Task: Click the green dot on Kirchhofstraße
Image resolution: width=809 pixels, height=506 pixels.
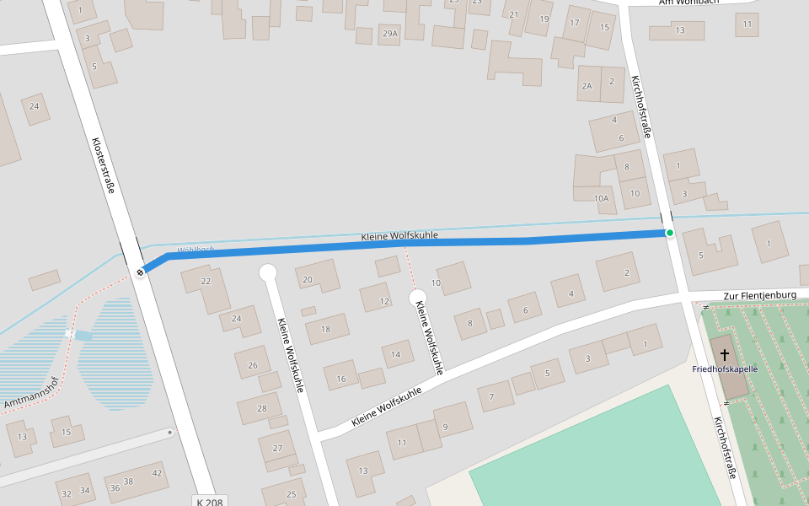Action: point(670,233)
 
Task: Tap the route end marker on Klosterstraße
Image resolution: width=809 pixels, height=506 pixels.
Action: point(140,272)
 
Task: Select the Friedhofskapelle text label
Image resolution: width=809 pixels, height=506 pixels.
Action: point(725,369)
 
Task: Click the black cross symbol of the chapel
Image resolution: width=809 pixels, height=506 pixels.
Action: point(725,355)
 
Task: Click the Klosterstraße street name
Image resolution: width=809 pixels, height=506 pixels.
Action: point(103,165)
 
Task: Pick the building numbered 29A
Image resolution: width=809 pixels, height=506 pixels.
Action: point(389,34)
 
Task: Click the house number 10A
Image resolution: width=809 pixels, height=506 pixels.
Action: point(601,198)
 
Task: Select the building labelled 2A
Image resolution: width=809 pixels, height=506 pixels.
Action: point(587,85)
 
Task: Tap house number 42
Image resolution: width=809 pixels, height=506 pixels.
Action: point(157,473)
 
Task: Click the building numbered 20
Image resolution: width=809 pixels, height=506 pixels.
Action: point(308,279)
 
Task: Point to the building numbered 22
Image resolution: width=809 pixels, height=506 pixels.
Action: point(206,281)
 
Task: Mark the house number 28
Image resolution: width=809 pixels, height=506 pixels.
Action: point(261,408)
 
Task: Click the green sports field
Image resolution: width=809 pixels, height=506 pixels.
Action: point(590,455)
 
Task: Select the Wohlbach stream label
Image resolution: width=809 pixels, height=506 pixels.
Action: point(195,250)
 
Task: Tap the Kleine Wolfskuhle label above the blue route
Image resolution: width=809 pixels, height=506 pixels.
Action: point(399,236)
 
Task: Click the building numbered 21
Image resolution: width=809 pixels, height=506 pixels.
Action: point(514,14)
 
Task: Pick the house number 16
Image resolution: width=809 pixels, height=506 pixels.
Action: point(341,379)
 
